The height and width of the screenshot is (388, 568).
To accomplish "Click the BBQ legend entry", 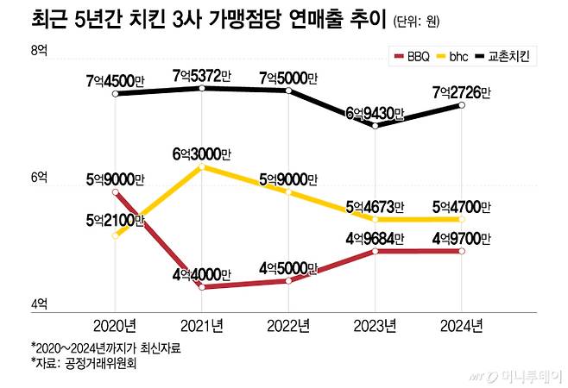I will click(x=412, y=57).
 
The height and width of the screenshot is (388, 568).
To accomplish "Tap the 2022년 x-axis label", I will click(x=287, y=325).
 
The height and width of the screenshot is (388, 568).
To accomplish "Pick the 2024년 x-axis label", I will click(x=461, y=325).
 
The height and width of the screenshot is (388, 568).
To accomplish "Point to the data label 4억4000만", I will click(x=202, y=275).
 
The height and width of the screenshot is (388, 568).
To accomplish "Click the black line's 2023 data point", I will click(x=375, y=126).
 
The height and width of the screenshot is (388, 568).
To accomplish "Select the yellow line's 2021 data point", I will click(x=201, y=166).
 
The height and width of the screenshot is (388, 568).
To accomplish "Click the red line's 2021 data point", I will click(x=201, y=287).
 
